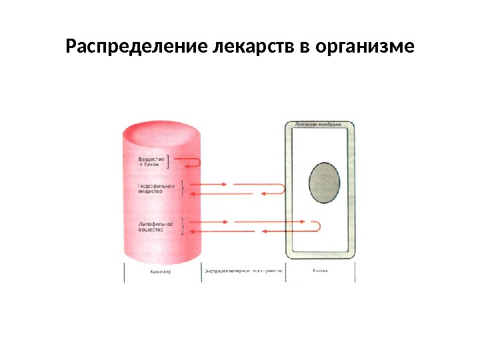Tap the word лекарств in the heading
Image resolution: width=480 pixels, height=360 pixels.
(x=249, y=48)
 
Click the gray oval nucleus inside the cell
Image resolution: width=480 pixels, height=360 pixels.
(x=325, y=183)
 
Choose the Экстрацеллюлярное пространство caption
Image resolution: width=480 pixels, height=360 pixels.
(x=244, y=272)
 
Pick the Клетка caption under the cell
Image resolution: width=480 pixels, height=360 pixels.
(x=321, y=271)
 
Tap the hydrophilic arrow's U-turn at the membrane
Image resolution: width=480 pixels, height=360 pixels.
(x=284, y=189)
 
